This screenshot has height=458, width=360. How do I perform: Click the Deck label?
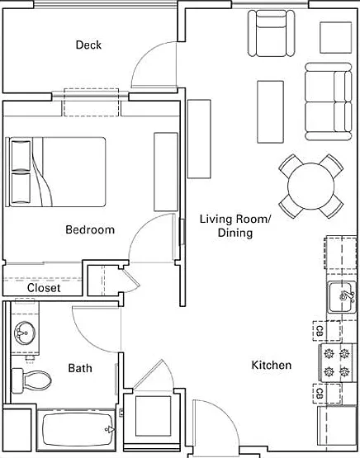tap(88, 45)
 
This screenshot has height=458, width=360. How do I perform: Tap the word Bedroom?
tap(90, 229)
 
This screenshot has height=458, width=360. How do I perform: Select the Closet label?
tap(44, 288)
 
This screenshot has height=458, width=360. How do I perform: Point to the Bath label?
tap(80, 368)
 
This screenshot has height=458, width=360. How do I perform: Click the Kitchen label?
tap(272, 365)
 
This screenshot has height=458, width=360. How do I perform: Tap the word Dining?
tap(235, 233)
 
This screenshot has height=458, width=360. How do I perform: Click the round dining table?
tap(311, 186)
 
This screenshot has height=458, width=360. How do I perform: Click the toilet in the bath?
tap(31, 380)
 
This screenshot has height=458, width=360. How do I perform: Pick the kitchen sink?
tap(341, 297)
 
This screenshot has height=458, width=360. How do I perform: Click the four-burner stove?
tap(337, 363)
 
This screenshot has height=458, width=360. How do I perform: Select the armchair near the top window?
tap(271, 33)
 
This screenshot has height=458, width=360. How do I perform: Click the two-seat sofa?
tap(328, 102)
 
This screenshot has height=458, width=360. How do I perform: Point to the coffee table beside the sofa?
tap(270, 112)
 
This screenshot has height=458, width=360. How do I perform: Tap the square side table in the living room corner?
tap(336, 38)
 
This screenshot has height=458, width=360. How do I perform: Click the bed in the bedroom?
tap(55, 172)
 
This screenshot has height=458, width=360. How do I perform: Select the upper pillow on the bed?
tap(21, 155)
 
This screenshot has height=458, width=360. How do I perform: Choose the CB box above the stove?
tap(327, 331)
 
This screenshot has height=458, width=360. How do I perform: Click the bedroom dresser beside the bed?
tap(166, 172)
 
